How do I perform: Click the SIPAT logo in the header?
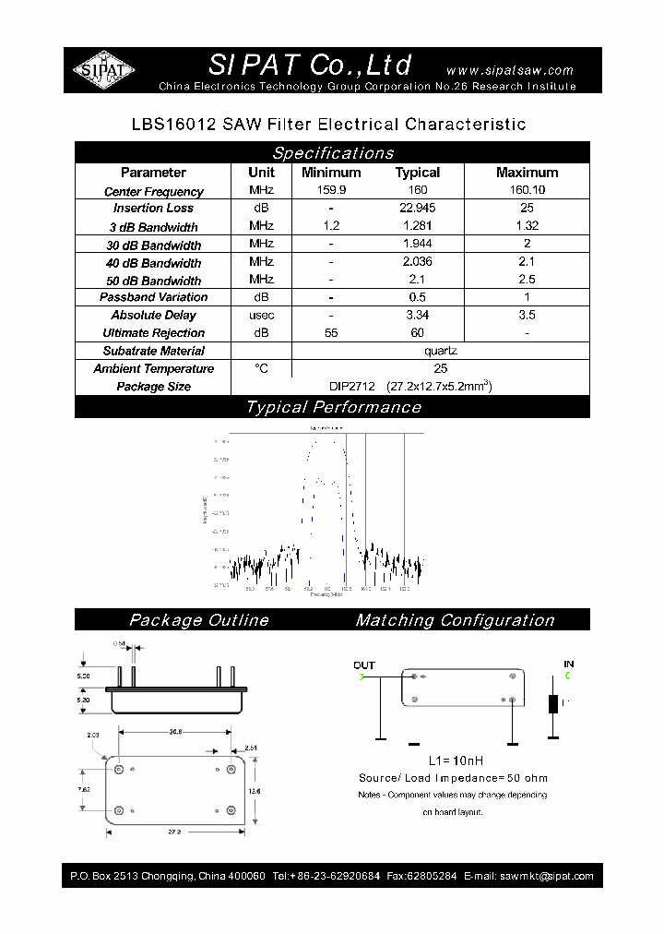(103, 70)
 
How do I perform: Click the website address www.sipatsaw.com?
(509, 70)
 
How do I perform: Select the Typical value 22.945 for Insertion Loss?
(417, 209)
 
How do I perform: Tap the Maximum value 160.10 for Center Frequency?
(527, 191)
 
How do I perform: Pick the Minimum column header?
(331, 173)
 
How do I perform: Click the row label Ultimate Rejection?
(153, 333)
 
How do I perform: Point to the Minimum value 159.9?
(331, 191)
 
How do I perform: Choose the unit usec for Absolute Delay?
(261, 316)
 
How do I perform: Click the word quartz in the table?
(441, 351)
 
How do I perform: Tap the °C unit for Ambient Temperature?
(261, 369)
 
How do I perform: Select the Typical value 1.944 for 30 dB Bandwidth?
(417, 245)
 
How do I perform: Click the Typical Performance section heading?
(333, 407)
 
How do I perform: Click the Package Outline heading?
(199, 620)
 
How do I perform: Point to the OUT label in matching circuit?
(364, 665)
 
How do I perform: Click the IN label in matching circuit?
(569, 665)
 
